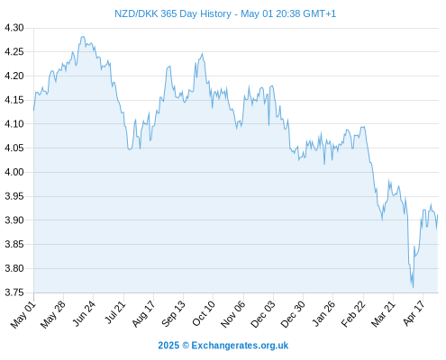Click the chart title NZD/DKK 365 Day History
pos(173,13)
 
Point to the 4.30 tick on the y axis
pos(14,28)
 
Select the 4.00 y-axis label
pos(14,172)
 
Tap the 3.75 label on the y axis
pos(14,292)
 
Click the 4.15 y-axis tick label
pos(14,100)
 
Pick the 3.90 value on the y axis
pos(14,220)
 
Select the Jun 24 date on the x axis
pos(84,313)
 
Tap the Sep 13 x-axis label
pos(173,314)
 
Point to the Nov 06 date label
pos(233,314)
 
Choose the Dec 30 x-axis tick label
pos(293,314)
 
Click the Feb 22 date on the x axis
pos(353,314)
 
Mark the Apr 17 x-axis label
pos(414,313)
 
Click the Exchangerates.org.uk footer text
pos(240,346)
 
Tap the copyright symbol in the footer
pos(186,346)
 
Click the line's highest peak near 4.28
pos(83,37)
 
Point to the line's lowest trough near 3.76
pos(413,287)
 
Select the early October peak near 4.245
pos(203,54)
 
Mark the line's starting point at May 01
pos(33,111)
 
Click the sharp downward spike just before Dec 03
pos(269,125)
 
